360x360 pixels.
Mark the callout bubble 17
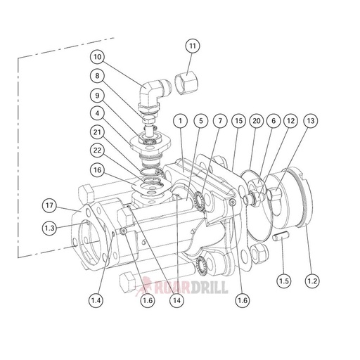(x=49, y=206)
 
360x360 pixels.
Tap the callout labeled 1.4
(x=96, y=300)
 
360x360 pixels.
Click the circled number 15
(x=238, y=122)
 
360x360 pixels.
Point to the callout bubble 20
(x=256, y=122)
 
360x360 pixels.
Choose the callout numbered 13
(x=309, y=122)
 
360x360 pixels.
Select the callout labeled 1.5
(x=283, y=281)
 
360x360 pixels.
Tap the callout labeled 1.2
(x=311, y=281)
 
